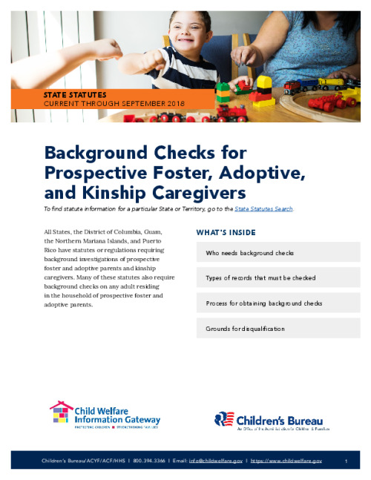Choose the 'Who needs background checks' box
point(278,253)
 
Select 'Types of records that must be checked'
point(278,278)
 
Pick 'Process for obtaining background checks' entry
point(278,303)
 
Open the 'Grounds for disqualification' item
point(278,328)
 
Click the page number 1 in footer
point(347,461)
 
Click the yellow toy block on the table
point(264,81)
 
